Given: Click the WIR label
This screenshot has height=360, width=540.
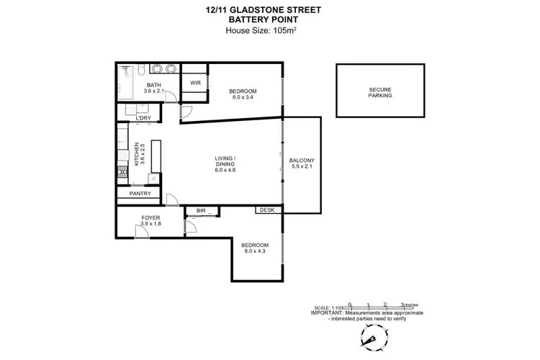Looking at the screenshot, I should tap(195, 83).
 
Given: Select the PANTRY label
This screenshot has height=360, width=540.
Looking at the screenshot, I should tap(140, 194).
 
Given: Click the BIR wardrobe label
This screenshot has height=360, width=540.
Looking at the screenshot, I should tap(201, 211).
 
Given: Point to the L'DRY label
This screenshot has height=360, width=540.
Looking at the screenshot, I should tap(143, 118).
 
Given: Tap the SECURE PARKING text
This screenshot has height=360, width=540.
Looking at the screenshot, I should tap(380, 92).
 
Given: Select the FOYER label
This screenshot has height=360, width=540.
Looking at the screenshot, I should tap(150, 217).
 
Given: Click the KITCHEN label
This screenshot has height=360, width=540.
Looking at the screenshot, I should tap(136, 155).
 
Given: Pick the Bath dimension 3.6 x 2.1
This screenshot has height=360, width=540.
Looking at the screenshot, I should tap(154, 91).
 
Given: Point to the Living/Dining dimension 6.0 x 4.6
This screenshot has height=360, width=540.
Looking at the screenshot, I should tap(225, 170).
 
